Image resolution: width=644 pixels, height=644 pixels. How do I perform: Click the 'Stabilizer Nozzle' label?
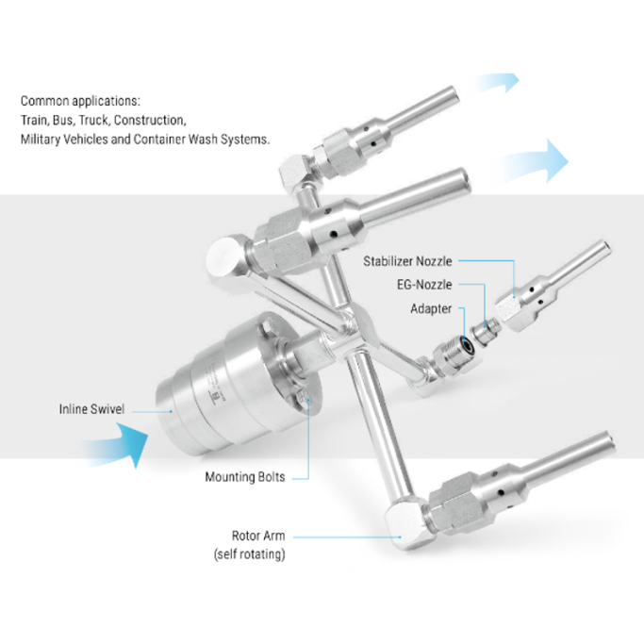click(x=407, y=261)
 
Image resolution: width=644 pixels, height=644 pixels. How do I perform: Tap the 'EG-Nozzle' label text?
click(x=424, y=285)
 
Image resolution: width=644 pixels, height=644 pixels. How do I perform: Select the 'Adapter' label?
click(x=431, y=308)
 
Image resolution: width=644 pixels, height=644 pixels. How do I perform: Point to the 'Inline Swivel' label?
click(x=91, y=409)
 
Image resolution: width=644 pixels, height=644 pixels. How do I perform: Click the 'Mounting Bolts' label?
click(x=245, y=477)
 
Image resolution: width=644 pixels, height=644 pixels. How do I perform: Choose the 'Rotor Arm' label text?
click(x=258, y=536)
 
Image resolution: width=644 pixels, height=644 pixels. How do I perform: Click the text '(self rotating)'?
click(x=249, y=554)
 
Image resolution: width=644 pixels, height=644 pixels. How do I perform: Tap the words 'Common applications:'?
click(x=80, y=101)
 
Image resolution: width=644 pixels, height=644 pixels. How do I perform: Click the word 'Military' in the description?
click(x=41, y=140)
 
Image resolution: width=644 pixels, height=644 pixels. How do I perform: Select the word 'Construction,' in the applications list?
click(x=150, y=121)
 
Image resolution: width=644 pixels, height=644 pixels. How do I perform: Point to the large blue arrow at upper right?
click(x=534, y=162)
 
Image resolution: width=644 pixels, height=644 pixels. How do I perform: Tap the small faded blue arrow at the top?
click(x=497, y=82)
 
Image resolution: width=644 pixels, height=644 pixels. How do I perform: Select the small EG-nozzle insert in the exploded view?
click(x=486, y=329)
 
